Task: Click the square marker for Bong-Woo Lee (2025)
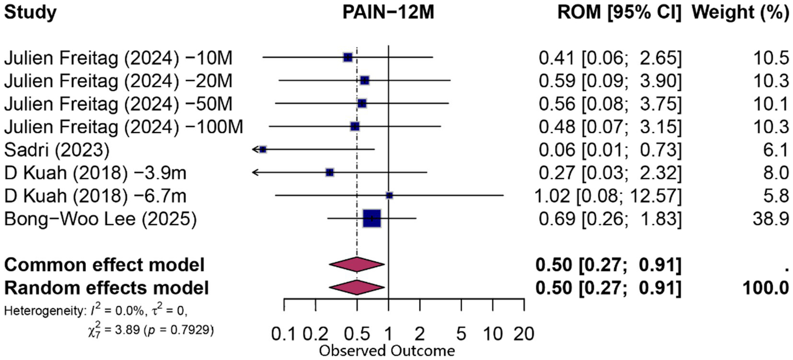click(371, 218)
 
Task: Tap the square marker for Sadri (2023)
click(263, 149)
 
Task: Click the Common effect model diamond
click(356, 264)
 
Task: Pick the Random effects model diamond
click(356, 287)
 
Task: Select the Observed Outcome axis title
click(387, 351)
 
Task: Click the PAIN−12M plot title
click(388, 14)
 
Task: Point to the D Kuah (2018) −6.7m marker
click(390, 195)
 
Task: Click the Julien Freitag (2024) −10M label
click(118, 59)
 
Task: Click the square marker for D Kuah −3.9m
click(330, 172)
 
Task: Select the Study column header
click(29, 14)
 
